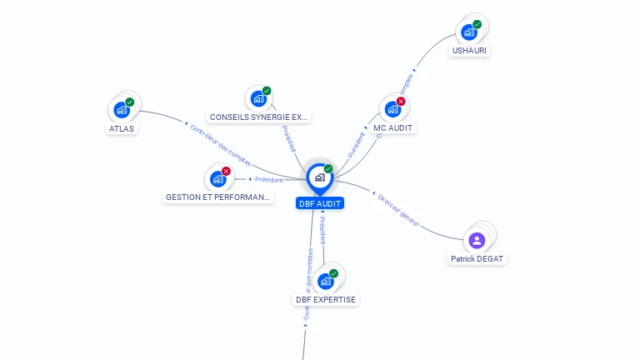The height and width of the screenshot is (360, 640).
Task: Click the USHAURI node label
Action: point(469,50)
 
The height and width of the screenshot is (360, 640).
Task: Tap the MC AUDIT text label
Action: point(393,127)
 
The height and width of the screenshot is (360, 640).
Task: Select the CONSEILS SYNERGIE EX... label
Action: point(258,117)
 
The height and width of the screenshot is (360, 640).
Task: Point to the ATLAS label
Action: point(122,128)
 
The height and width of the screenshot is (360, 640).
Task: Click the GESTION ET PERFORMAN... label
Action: point(218,197)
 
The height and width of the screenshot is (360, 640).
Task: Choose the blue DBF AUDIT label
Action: point(319,203)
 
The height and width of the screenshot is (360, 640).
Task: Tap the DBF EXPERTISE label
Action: point(325,299)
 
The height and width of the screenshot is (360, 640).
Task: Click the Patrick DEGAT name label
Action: point(477,259)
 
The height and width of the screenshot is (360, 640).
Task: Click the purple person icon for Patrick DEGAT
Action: point(477,241)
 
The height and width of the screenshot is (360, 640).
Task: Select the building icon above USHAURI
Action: point(469,32)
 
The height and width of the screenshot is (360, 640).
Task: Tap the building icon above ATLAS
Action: point(122,109)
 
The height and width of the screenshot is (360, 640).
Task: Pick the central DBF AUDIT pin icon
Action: point(319,177)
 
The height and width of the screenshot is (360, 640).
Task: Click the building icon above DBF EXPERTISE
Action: point(325,281)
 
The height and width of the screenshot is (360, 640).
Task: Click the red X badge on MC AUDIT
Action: point(401,102)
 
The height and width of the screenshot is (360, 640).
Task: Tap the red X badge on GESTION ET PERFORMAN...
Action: point(226,171)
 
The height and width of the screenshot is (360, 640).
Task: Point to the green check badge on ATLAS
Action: point(129,102)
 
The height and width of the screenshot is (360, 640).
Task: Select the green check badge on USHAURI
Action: point(477,25)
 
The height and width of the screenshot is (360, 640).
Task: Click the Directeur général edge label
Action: point(398,212)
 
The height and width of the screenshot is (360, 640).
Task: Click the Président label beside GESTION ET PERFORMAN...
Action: point(268,179)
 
